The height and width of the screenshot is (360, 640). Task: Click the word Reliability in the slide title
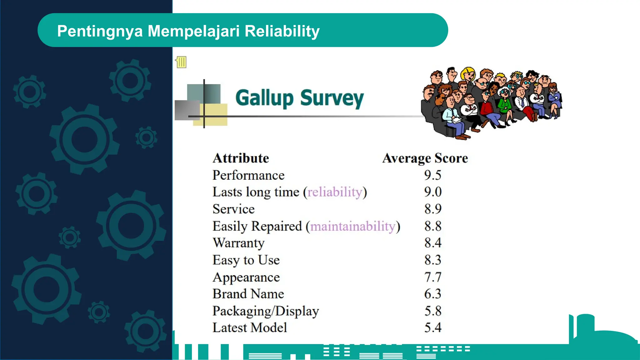[282, 31]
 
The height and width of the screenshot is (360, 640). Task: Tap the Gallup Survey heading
[299, 98]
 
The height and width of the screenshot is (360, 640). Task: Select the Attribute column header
[241, 158]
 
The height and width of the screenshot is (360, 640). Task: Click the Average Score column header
[425, 158]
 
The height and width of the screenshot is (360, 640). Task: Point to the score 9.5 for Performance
[432, 175]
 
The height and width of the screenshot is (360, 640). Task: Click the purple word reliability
[335, 192]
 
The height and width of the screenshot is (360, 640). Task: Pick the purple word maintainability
[353, 226]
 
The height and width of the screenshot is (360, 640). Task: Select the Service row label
[233, 209]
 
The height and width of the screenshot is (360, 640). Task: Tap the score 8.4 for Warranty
[433, 243]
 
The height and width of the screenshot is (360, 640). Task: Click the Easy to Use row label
[246, 260]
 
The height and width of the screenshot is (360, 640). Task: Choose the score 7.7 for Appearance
[433, 277]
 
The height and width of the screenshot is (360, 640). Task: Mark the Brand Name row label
[248, 294]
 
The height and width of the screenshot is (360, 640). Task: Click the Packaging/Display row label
[266, 311]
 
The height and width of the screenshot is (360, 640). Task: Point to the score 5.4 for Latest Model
[433, 328]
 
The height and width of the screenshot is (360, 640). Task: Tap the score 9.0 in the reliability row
[433, 192]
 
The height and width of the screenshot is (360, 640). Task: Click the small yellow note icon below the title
[181, 62]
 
